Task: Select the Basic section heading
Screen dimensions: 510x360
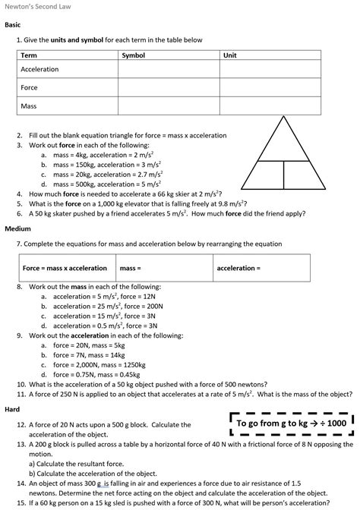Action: pos(13,25)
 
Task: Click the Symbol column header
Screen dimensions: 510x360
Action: pos(134,55)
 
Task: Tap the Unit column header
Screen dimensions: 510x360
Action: pos(230,55)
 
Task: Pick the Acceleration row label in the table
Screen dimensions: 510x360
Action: pos(39,69)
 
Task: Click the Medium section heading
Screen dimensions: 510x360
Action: pos(17,228)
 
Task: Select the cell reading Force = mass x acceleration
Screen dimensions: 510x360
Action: pos(65,268)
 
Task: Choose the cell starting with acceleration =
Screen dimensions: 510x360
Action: pos(261,268)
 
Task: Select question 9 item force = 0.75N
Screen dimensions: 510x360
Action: pos(96,374)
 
